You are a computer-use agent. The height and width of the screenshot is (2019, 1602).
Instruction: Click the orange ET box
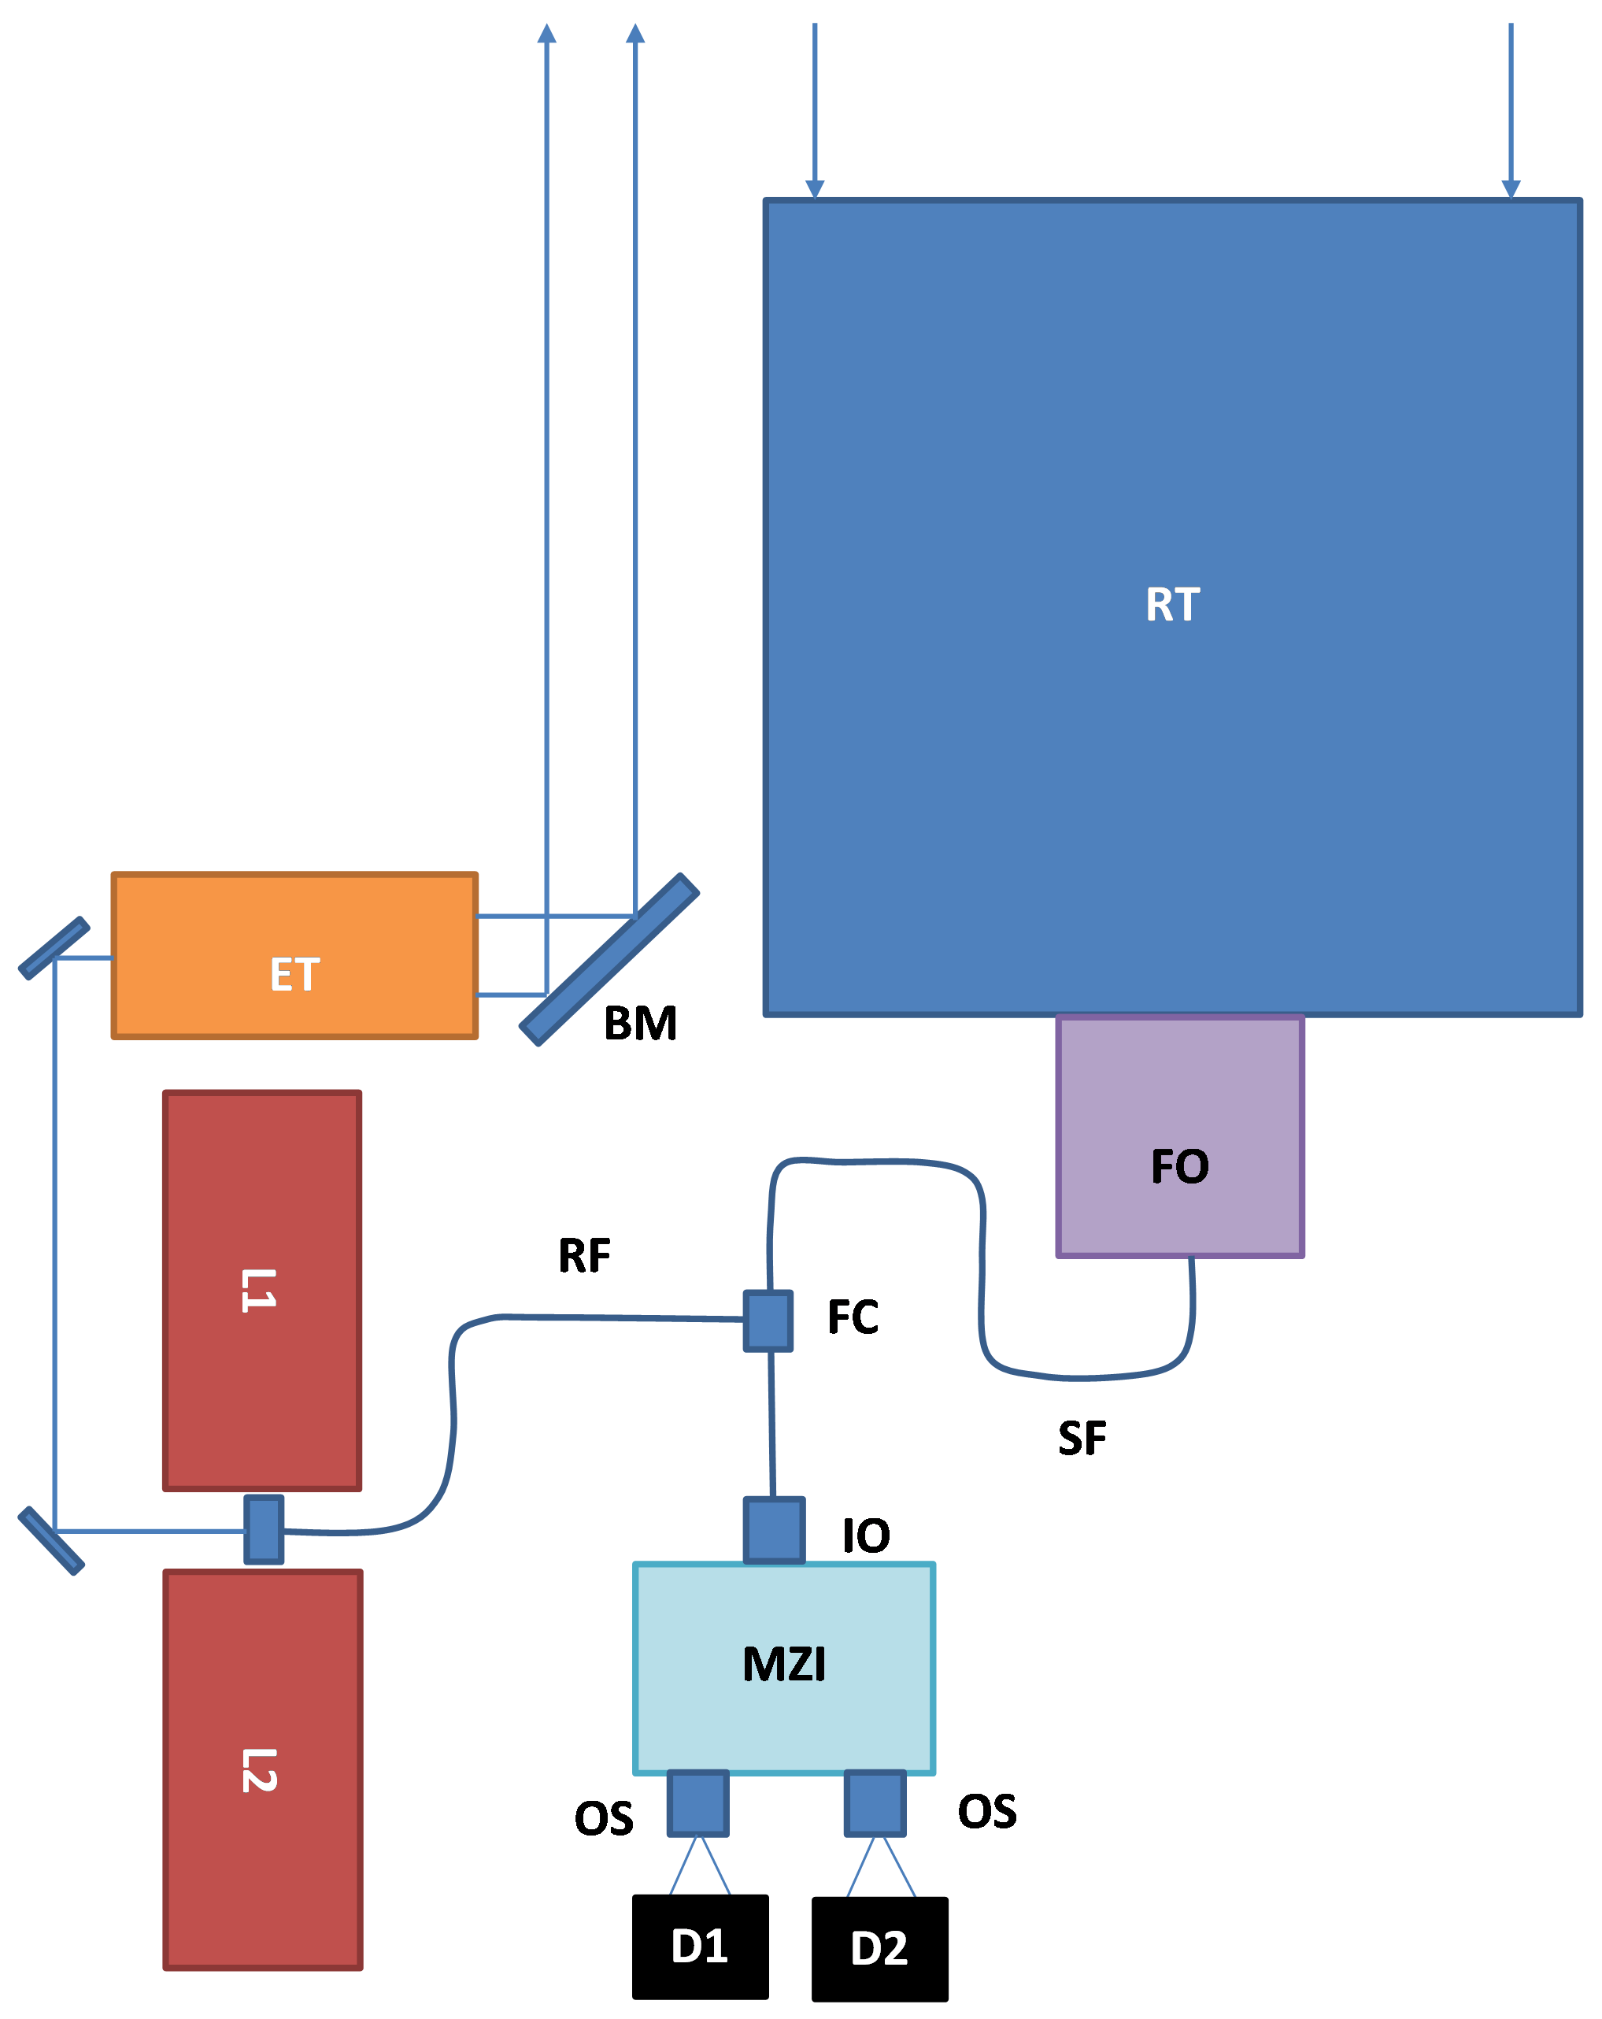[x=294, y=955]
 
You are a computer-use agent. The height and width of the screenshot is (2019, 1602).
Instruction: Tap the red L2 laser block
[x=262, y=1770]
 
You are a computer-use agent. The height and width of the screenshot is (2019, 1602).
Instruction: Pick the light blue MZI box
[x=783, y=1668]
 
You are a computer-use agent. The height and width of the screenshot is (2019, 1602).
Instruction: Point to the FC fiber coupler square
[x=768, y=1321]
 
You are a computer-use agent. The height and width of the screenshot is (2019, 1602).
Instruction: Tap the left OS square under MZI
[x=697, y=1802]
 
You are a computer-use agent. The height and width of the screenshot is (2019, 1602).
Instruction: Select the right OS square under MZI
[x=875, y=1802]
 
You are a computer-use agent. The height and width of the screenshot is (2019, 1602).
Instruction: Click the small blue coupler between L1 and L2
[x=264, y=1529]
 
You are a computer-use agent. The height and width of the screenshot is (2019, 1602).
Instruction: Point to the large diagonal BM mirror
[x=609, y=959]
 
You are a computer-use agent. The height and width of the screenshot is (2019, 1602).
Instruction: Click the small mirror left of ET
[x=54, y=948]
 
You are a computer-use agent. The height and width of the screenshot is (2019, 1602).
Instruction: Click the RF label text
[x=583, y=1256]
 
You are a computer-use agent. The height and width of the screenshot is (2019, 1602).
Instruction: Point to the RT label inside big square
[x=1172, y=604]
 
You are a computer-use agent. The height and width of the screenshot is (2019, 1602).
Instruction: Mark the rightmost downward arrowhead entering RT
[x=1510, y=188]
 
